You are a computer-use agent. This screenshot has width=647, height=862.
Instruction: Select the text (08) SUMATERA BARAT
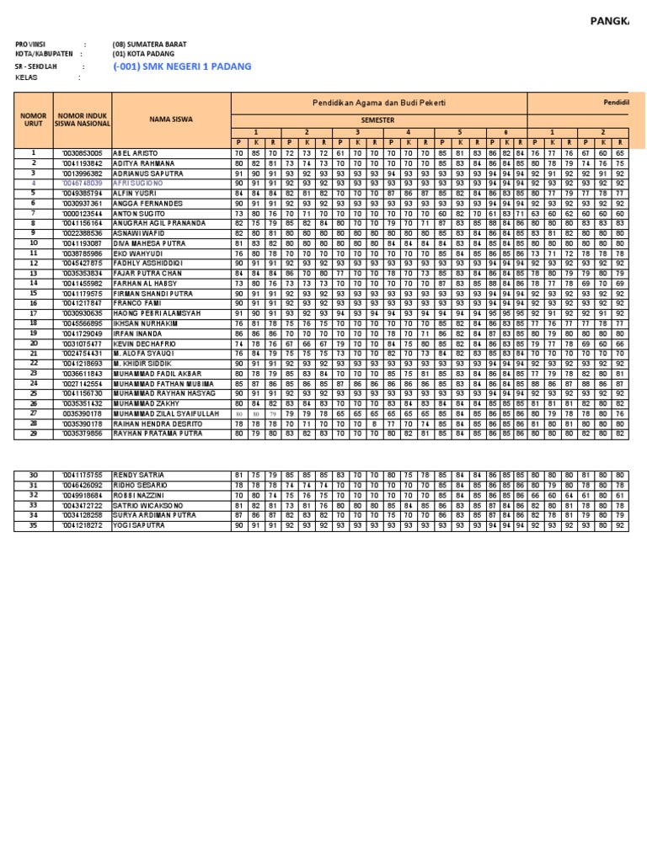click(149, 44)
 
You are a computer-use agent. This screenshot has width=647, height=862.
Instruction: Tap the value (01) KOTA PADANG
click(144, 53)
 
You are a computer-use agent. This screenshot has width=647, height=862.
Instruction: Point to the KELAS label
click(27, 77)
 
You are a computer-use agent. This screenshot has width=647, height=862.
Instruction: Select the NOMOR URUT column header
click(34, 120)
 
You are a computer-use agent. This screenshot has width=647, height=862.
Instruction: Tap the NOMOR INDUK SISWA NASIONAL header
click(83, 120)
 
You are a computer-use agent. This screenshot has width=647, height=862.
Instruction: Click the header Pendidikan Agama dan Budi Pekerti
click(379, 102)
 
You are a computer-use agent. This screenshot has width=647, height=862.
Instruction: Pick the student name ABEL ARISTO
click(136, 153)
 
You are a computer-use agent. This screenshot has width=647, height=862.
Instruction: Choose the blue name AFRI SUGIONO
click(138, 183)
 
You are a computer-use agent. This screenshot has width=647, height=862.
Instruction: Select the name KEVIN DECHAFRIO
click(145, 343)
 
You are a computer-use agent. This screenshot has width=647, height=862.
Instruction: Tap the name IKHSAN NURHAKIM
click(144, 322)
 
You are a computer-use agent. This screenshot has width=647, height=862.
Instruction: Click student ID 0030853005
click(83, 153)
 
